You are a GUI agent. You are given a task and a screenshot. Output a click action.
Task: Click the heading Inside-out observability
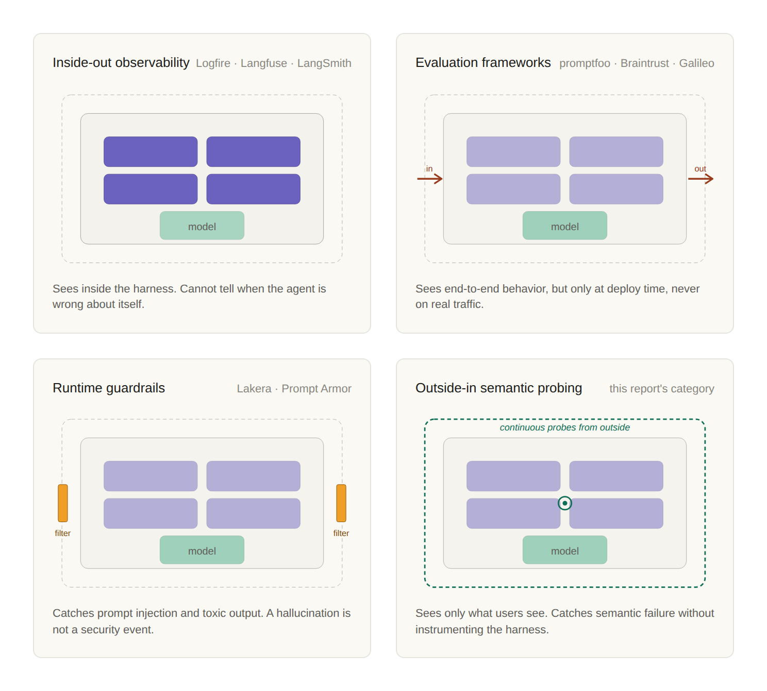[121, 63]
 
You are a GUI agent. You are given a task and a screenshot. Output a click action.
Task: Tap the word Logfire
[213, 63]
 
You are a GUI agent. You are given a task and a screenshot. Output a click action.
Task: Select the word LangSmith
[324, 63]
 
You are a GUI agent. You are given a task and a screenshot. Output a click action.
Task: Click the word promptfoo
[585, 63]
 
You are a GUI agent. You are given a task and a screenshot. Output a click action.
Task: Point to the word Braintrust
[644, 63]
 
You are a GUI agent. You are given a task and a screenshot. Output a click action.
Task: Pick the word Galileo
[696, 63]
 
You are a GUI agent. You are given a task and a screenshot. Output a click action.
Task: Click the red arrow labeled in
[430, 178]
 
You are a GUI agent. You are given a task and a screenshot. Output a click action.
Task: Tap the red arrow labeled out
[701, 178]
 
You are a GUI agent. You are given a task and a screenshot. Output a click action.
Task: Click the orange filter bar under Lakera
[341, 503]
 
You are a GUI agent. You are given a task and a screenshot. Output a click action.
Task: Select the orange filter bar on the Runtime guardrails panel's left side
[63, 503]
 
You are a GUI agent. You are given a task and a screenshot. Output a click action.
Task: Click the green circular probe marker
[565, 503]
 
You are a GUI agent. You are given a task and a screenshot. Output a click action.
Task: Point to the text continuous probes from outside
[565, 427]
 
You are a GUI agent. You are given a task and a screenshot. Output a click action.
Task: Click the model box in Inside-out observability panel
[202, 226]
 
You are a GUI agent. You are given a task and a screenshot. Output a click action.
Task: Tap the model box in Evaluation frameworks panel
[565, 226]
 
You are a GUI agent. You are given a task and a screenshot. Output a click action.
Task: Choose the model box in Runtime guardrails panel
[202, 550]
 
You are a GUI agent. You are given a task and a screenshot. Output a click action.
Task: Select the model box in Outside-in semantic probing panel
[565, 550]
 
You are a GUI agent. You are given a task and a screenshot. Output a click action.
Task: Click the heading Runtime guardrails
[109, 388]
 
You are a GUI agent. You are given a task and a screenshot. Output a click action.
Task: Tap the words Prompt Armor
[316, 389]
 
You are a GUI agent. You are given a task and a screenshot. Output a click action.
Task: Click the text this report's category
[661, 389]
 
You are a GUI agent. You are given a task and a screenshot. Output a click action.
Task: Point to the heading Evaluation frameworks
[483, 63]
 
